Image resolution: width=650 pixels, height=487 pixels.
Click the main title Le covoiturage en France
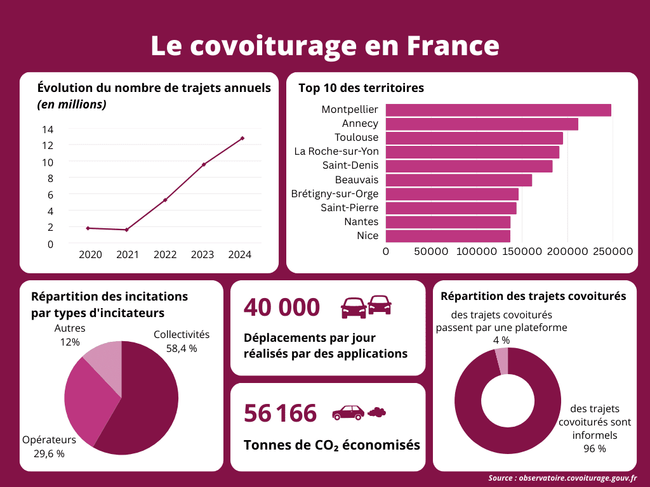point(324,46)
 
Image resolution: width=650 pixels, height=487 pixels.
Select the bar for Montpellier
point(498,110)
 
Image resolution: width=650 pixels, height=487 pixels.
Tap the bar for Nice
point(448,236)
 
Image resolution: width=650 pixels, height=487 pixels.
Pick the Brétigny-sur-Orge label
point(335,193)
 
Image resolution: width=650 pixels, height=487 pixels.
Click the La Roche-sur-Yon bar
point(472,152)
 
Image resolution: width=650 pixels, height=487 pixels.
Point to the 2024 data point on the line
point(242,138)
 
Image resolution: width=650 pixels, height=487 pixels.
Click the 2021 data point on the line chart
point(127,230)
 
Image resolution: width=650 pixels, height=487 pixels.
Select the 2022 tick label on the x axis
point(165,255)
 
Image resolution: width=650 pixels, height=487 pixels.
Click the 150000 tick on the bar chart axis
point(522,252)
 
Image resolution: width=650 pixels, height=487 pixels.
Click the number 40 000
point(282,308)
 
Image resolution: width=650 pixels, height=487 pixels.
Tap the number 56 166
point(280,413)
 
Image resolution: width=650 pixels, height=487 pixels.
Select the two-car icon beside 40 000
point(366,306)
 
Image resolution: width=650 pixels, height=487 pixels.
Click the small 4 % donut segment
point(502,360)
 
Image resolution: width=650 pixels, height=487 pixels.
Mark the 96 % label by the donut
point(594,449)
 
